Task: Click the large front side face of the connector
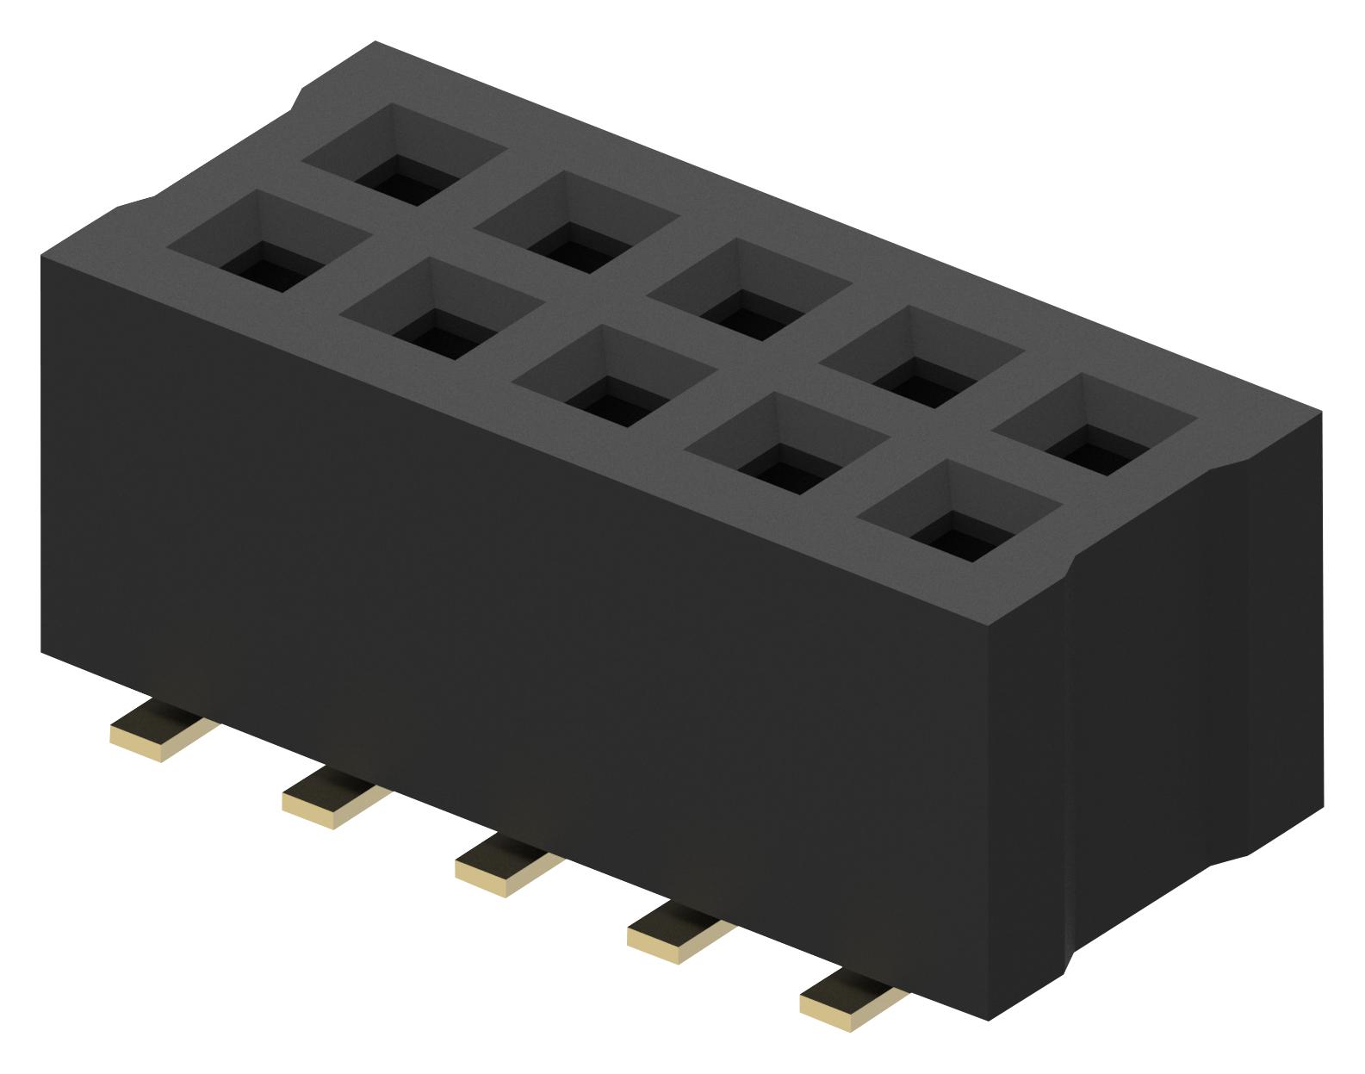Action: click(x=517, y=603)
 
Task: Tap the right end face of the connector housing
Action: click(x=1197, y=689)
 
